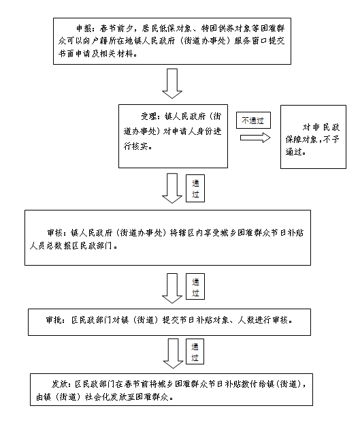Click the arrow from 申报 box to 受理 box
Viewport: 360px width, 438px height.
[x=172, y=84]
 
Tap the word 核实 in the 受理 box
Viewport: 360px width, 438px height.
[x=140, y=146]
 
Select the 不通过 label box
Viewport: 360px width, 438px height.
[x=253, y=121]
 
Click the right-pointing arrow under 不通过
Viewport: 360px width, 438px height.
[x=255, y=138]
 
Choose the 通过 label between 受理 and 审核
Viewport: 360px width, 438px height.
[x=195, y=189]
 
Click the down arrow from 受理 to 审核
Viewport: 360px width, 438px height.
[x=172, y=188]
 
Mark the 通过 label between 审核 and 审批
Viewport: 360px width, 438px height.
[x=195, y=287]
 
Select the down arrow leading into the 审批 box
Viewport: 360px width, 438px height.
[x=172, y=288]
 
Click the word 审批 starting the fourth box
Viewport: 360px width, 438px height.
[x=53, y=320]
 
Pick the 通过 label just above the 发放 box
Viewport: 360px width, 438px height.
[x=195, y=351]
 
